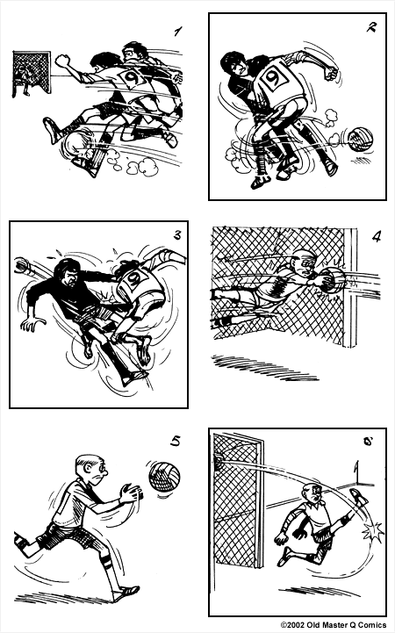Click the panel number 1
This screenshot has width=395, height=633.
point(178,32)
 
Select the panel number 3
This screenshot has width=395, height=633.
point(177,234)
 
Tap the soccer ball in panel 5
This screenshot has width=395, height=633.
point(164,477)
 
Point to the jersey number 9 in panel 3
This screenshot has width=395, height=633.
point(134,281)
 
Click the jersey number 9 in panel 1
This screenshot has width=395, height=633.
point(133,77)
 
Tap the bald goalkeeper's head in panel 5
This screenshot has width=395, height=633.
point(88,471)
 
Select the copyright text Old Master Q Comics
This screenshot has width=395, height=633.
point(334,625)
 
